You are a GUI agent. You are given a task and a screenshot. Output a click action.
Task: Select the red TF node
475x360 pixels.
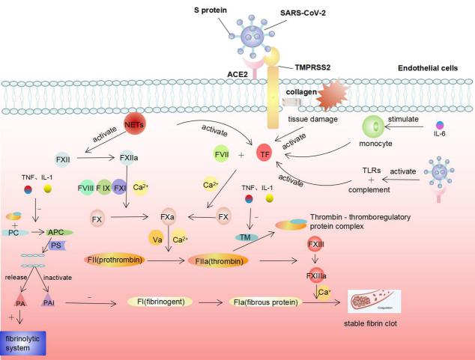click(263, 155)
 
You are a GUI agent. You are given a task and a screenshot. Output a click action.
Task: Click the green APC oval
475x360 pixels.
click(57, 232)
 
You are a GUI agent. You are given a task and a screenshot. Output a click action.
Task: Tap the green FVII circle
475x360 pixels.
click(221, 155)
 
